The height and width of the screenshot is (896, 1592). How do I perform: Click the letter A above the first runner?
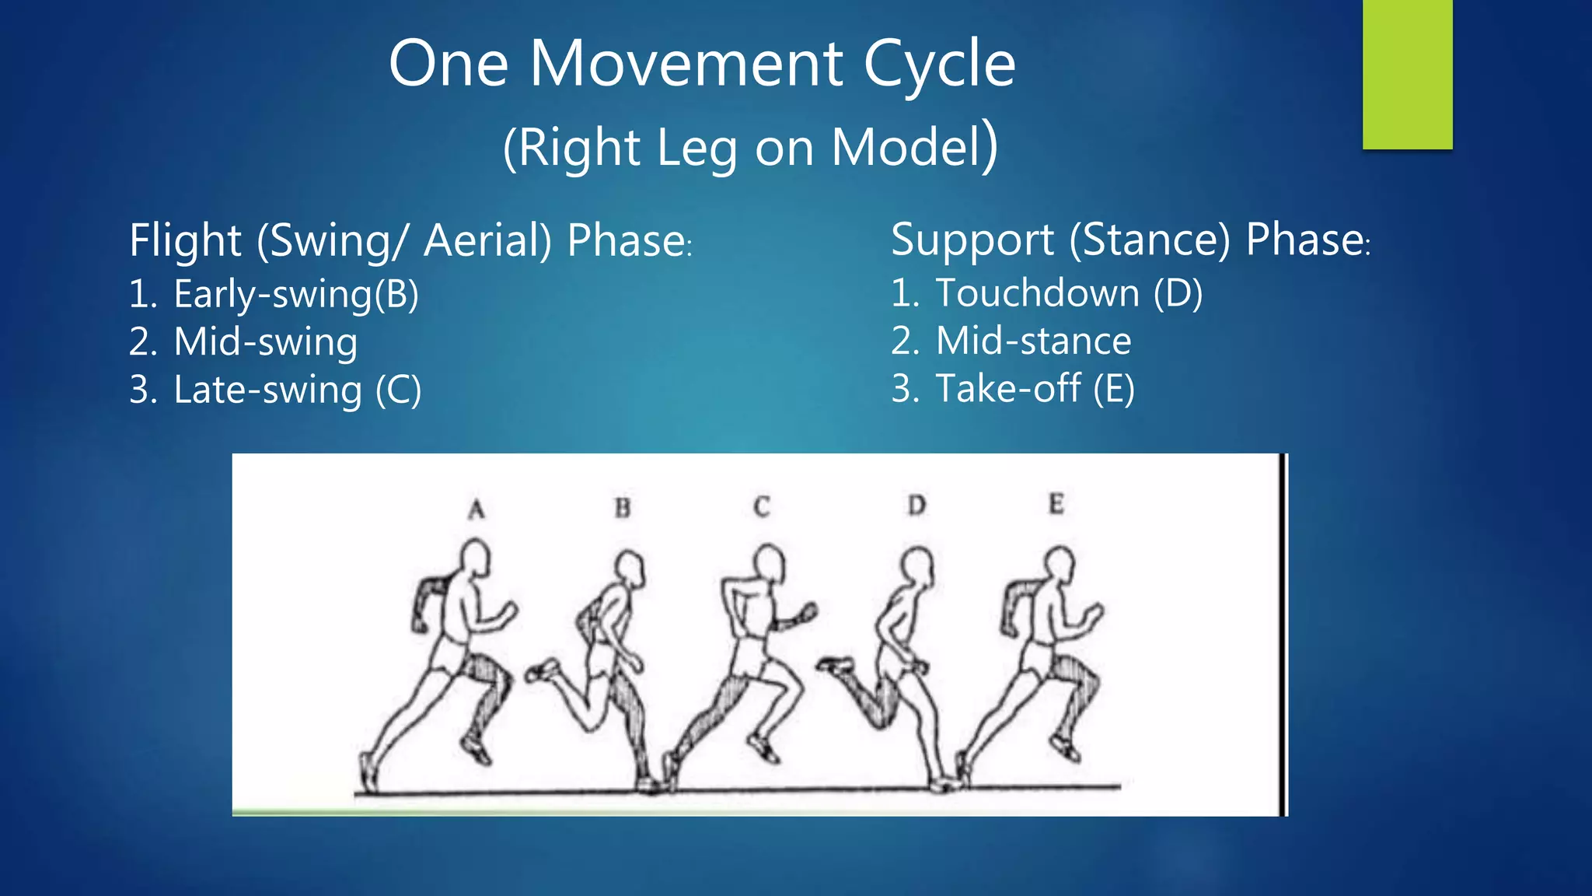click(477, 510)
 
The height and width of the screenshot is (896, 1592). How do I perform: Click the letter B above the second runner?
click(623, 509)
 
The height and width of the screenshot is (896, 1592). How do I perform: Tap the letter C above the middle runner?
click(762, 507)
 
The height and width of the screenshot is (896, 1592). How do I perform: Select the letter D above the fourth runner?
click(917, 506)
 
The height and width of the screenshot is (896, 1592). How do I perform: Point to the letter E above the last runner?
click(1056, 505)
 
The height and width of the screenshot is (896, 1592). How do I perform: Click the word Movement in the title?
click(686, 64)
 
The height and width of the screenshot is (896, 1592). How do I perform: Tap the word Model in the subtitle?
click(906, 148)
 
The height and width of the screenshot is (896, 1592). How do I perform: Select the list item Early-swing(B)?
click(295, 295)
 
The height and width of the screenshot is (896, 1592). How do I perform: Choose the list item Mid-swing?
click(265, 342)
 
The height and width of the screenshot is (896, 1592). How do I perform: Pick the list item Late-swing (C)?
click(297, 390)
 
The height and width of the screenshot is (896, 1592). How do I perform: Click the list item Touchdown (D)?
click(1068, 294)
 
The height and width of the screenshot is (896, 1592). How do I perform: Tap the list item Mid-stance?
click(1033, 341)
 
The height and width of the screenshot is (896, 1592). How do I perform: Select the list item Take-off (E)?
click(1035, 389)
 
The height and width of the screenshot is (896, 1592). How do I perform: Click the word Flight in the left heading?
click(186, 240)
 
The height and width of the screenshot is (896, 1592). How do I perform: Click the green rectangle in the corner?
click(1407, 74)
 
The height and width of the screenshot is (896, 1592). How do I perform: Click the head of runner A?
click(474, 558)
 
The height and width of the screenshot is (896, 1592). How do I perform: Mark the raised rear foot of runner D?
click(835, 665)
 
